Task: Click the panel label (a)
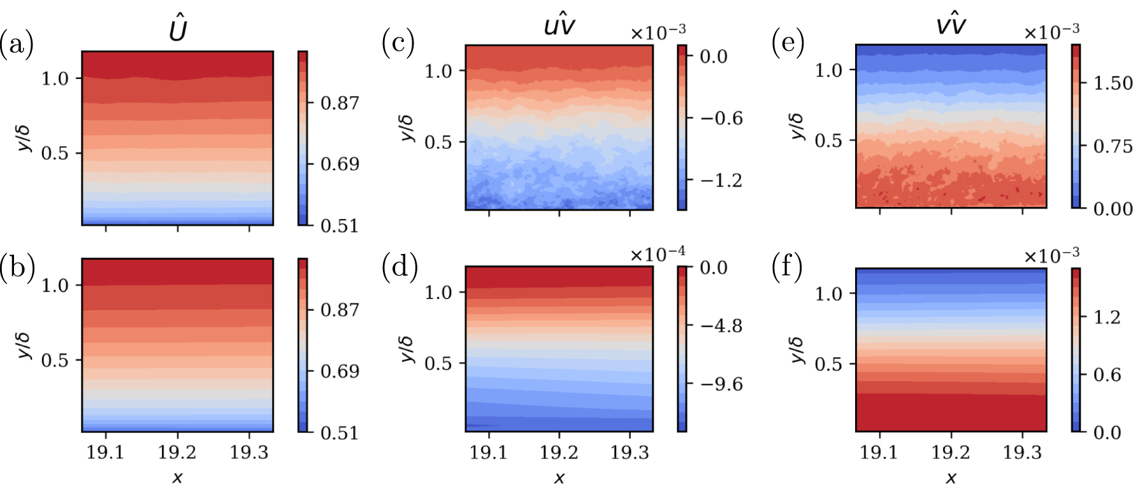coord(17,45)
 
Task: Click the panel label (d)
coord(400,266)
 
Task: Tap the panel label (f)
coord(788,266)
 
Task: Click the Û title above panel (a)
coord(178,30)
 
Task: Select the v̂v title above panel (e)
coord(951,25)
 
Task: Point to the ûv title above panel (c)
coord(559,25)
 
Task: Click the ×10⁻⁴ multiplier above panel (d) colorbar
coord(658,254)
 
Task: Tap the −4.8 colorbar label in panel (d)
coord(721,326)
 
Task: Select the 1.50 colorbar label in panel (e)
coord(1113,83)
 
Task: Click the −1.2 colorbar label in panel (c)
coord(721,181)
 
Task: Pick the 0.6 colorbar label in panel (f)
coord(1107,375)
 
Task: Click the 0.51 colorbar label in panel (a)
coord(340,226)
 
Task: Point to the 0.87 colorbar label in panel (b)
coord(340,310)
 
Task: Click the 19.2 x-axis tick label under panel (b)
coord(177,453)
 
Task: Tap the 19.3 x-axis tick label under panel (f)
coord(1022,453)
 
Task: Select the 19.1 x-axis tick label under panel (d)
coord(489,453)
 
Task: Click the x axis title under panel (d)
coord(559,478)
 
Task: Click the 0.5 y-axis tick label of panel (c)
coord(438,142)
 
